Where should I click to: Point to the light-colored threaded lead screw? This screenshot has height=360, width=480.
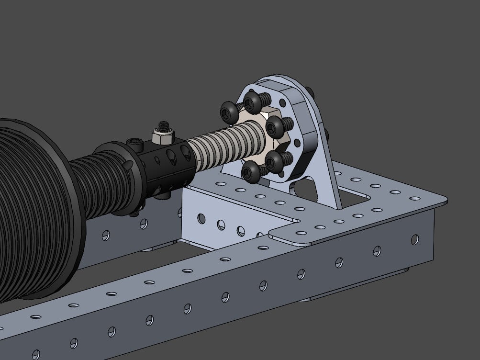(x=225, y=144)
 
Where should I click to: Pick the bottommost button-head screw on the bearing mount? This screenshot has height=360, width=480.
(x=252, y=171)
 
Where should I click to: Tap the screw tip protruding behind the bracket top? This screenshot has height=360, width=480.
(x=312, y=90)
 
